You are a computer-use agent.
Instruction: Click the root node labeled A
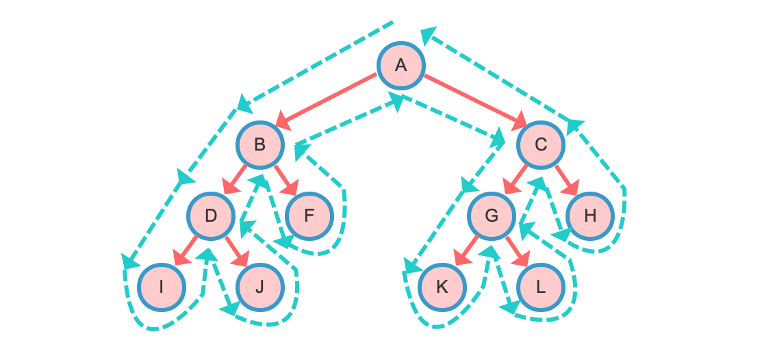[401, 65]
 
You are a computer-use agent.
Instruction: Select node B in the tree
[260, 144]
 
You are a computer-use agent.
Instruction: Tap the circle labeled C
[541, 144]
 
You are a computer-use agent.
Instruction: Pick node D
[211, 216]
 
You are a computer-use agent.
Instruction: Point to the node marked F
[309, 216]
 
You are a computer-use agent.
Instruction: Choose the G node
[492, 216]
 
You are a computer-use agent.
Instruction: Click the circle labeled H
[590, 216]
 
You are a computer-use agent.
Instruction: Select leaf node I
[162, 287]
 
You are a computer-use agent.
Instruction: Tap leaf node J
[260, 287]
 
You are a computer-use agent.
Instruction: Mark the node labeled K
[442, 287]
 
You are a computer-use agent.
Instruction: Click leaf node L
[541, 287]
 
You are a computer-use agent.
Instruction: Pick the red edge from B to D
[236, 179]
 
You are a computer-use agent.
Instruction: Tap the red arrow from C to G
[516, 179]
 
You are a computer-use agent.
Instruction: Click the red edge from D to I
[186, 250]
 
